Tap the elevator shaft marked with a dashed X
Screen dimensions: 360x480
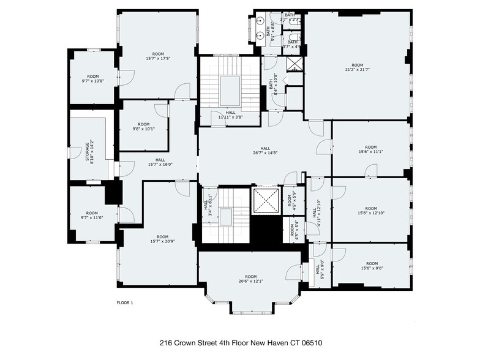click(x=266, y=201)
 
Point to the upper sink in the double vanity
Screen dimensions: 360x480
click(x=260, y=20)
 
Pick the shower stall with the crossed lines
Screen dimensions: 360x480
click(x=294, y=64)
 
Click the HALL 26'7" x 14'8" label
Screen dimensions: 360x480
click(x=265, y=151)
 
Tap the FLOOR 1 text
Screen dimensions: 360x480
click(x=124, y=302)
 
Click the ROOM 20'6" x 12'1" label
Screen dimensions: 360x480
click(x=250, y=279)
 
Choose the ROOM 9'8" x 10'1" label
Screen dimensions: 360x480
click(x=143, y=127)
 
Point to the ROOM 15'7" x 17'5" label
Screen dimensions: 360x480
click(x=158, y=56)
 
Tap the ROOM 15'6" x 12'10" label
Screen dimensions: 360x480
click(x=371, y=211)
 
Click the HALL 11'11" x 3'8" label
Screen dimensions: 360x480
click(x=230, y=114)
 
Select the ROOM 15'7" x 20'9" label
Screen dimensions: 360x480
click(x=162, y=239)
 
